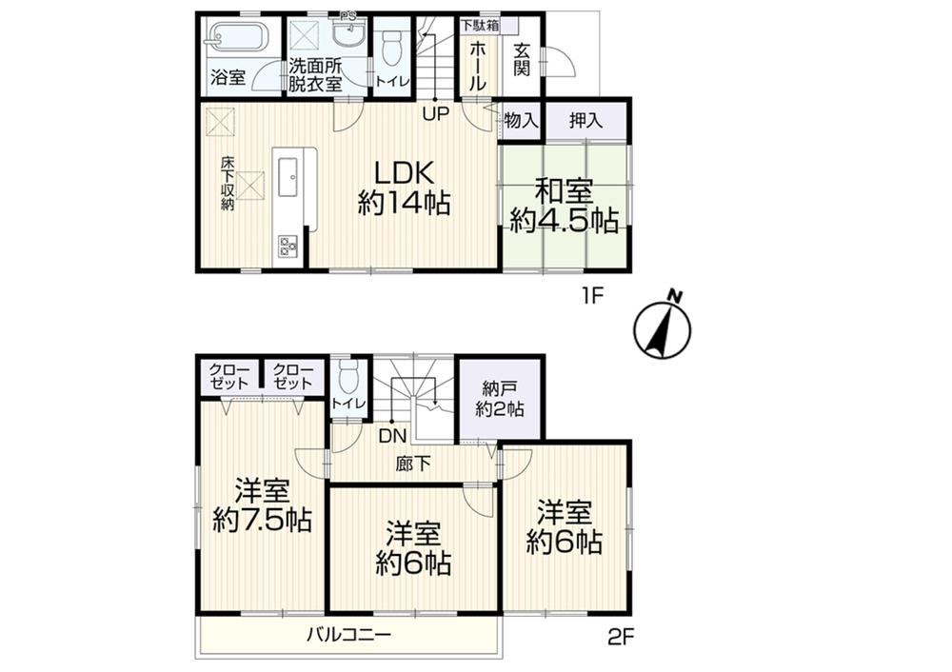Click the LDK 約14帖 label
coord(404,188)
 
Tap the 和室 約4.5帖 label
coord(564,207)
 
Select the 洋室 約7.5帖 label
coord(262,505)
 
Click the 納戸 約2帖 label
coord(500,398)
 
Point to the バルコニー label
coord(349,636)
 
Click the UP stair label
coord(435,113)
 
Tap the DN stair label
coord(393,435)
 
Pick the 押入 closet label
coord(585,120)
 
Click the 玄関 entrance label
coord(522,59)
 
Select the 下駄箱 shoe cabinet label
coord(479,25)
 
